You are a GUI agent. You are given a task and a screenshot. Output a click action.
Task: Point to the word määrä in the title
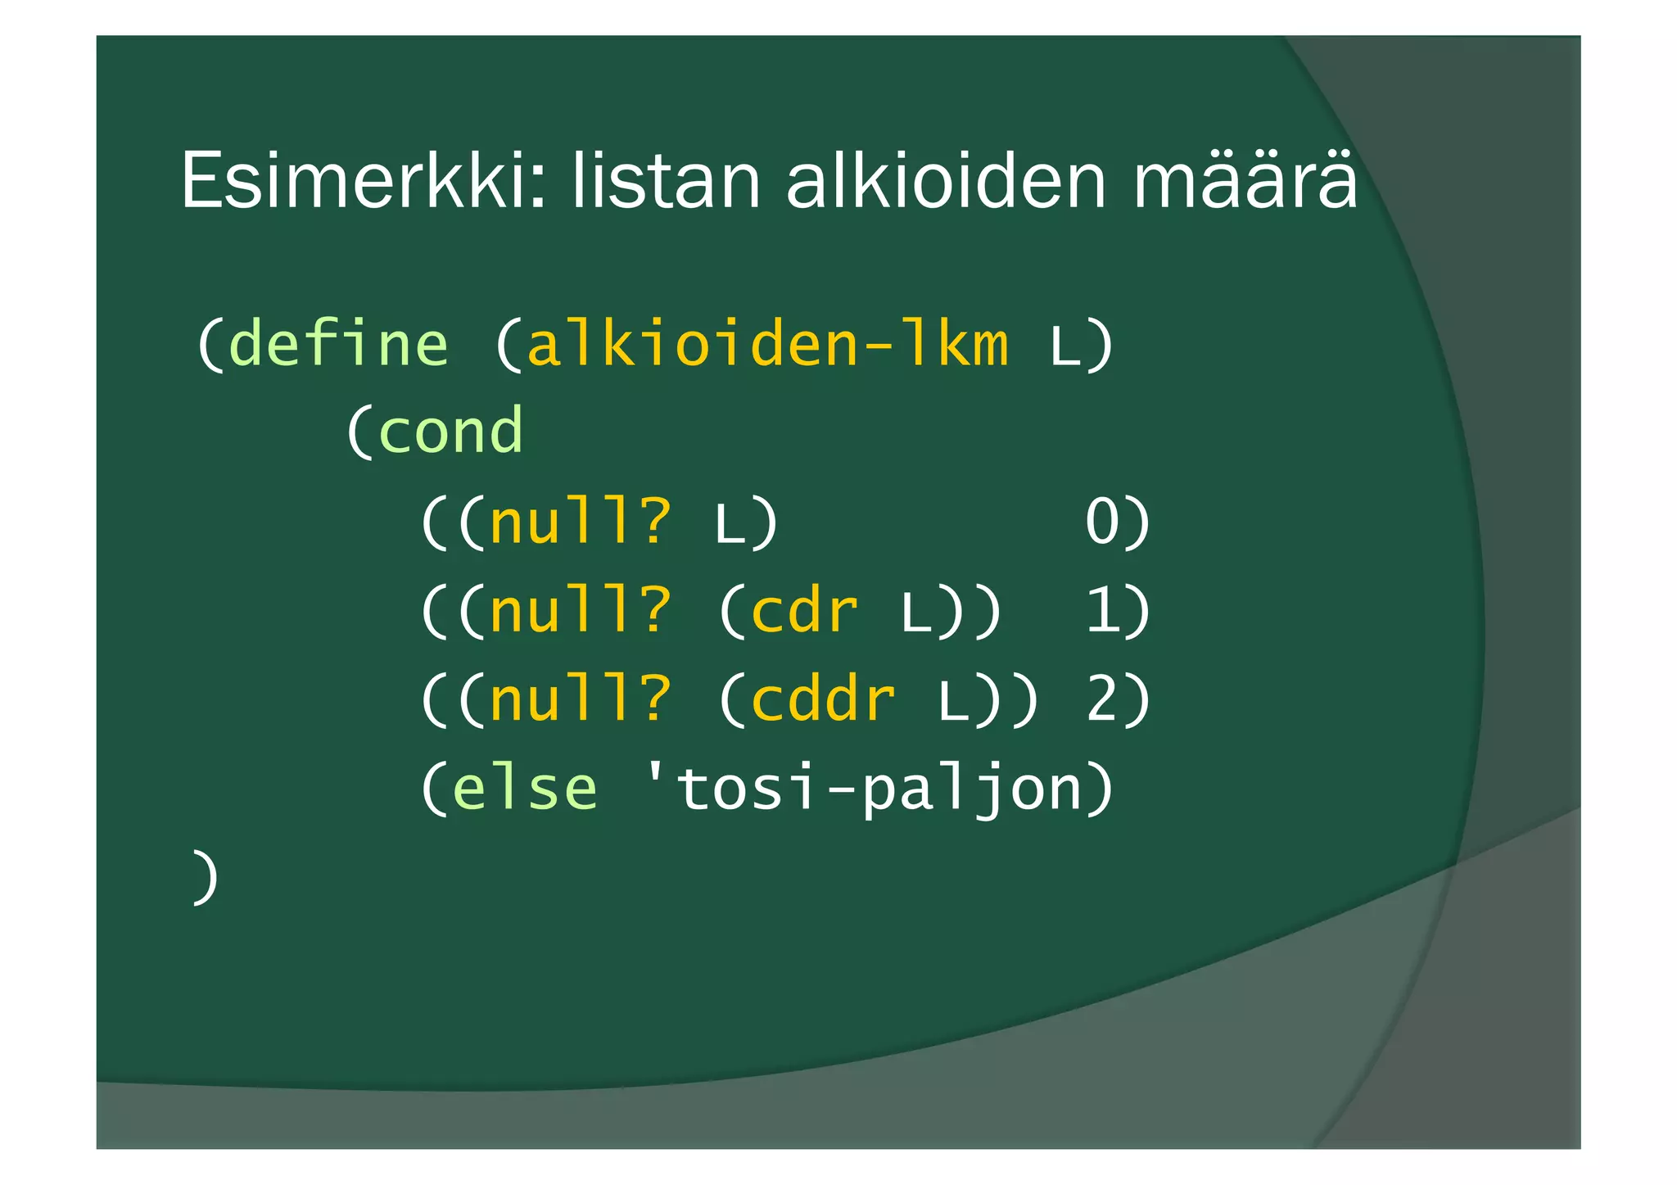pyautogui.click(x=1245, y=180)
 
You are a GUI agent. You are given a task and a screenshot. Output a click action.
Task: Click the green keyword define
pyautogui.click(x=339, y=344)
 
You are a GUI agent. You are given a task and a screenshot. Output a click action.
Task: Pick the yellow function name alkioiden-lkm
pyautogui.click(x=767, y=344)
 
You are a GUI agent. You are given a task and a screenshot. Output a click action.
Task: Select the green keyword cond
pyautogui.click(x=450, y=432)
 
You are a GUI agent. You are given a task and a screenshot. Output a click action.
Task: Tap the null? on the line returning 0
pyautogui.click(x=581, y=522)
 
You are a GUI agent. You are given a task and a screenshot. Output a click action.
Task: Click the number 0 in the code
pyautogui.click(x=1102, y=522)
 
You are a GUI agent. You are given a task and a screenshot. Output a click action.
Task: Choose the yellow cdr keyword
pyautogui.click(x=804, y=611)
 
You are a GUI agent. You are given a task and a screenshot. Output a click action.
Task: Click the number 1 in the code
pyautogui.click(x=1102, y=611)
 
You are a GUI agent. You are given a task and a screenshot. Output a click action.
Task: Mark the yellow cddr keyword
pyautogui.click(x=823, y=699)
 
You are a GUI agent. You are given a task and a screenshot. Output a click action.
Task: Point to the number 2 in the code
pyautogui.click(x=1102, y=699)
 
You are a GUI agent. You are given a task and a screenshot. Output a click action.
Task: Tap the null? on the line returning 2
pyautogui.click(x=581, y=699)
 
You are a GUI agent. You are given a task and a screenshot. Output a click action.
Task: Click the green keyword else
pyautogui.click(x=525, y=789)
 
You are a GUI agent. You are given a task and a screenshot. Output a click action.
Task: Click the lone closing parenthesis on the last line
pyautogui.click(x=205, y=877)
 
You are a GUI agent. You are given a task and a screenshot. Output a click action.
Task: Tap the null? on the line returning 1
pyautogui.click(x=581, y=611)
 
